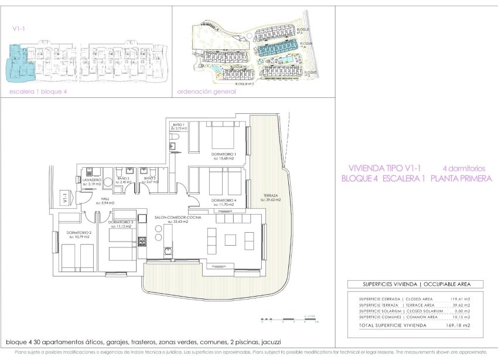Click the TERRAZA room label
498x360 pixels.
[270, 195]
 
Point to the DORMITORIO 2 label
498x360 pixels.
[78, 233]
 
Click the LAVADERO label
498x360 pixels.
[92, 179]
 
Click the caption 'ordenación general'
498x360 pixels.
[206, 92]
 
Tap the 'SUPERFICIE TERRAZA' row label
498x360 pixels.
[378, 305]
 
